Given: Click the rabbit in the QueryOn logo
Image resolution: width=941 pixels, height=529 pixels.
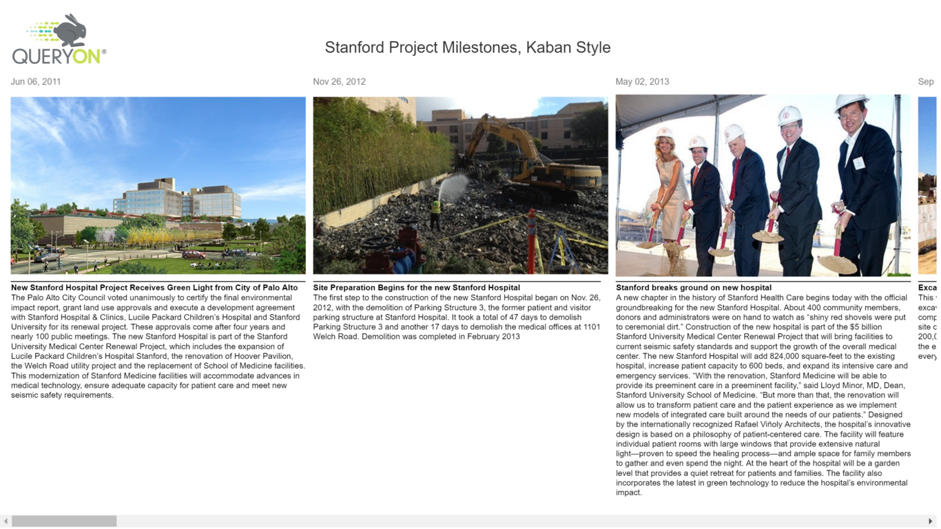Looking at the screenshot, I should coord(70,31).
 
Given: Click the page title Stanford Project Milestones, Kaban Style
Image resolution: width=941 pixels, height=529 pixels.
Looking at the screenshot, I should coord(467,48).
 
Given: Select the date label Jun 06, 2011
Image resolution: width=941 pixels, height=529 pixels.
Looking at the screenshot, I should coord(36,81).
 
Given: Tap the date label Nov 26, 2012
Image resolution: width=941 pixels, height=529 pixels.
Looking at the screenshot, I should coord(339,81).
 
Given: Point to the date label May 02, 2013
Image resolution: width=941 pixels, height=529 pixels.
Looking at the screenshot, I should coord(642,81).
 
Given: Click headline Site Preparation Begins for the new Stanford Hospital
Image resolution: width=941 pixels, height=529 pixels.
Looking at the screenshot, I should coord(416,287).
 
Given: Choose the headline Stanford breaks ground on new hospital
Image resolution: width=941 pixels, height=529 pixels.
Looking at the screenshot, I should coord(693,287).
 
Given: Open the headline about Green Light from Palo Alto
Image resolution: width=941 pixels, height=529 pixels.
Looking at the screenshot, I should coord(154,287).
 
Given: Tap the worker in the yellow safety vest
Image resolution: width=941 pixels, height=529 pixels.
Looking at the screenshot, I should coord(435,214).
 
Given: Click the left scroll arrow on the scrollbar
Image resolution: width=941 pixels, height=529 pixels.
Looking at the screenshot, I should coord(6,521).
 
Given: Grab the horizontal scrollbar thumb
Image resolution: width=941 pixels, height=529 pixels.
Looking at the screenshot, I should coord(64,521).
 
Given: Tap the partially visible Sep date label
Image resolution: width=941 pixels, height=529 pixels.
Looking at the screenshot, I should coord(926,81).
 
